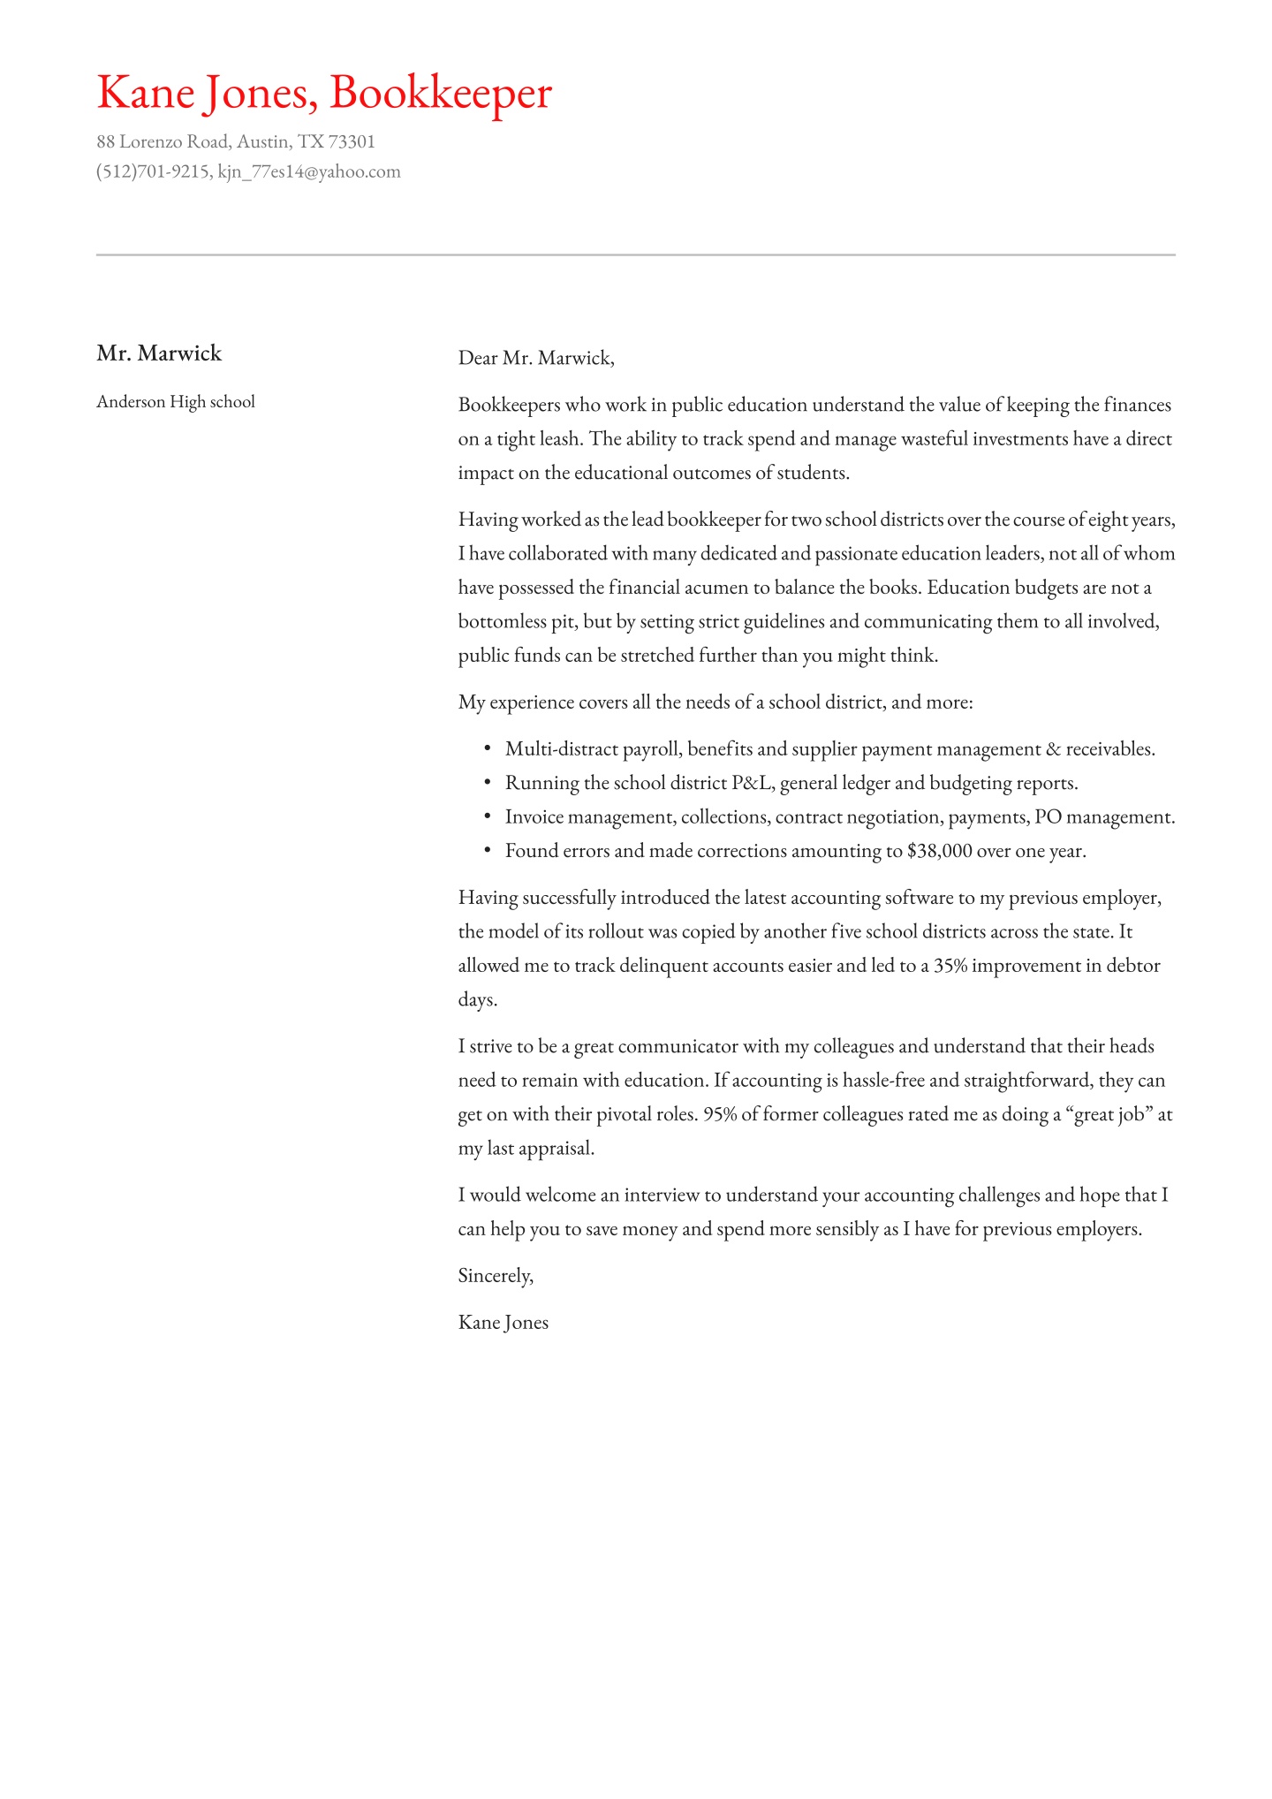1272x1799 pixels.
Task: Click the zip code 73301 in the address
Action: [352, 141]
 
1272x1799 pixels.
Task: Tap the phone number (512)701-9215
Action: [152, 171]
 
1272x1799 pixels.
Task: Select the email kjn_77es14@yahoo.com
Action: [309, 171]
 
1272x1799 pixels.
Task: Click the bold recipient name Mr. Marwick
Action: [159, 353]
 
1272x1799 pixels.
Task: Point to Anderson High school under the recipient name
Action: [176, 402]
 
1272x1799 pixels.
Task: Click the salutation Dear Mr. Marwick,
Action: [535, 358]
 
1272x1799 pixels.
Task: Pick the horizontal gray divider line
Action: [636, 254]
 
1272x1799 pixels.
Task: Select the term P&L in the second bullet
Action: [752, 783]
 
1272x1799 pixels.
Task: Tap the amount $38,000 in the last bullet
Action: [939, 851]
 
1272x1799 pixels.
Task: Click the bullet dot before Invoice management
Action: [487, 816]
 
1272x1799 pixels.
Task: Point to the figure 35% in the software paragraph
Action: [950, 966]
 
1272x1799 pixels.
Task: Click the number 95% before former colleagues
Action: [719, 1114]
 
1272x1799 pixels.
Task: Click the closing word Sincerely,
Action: [496, 1276]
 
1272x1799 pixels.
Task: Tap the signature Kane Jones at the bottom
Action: [503, 1323]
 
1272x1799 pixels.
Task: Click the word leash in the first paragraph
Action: [560, 439]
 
